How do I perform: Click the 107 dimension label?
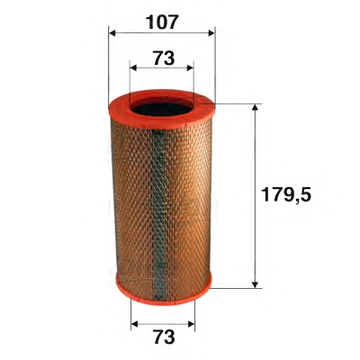point(162,22)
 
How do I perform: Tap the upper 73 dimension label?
point(164,58)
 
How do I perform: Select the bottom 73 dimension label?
point(164,337)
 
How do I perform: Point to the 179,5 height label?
point(286,194)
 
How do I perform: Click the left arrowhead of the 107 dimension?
point(112,32)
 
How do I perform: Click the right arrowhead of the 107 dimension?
point(211,32)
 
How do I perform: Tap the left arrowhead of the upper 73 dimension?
point(133,68)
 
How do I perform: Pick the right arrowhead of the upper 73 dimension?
point(190,68)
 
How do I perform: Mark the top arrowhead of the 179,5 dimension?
point(255,108)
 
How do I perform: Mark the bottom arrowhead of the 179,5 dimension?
point(255,284)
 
